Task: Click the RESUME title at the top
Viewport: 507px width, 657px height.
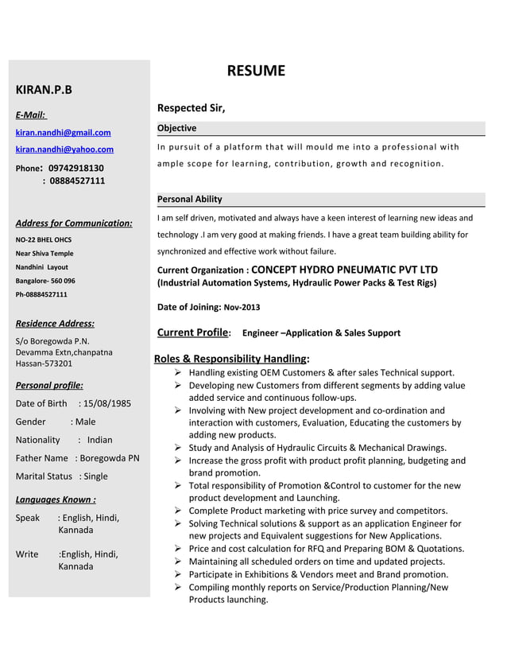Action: [256, 71]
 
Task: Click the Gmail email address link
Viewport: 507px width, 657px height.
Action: [64, 133]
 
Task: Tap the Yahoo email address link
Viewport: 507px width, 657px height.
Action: [64, 150]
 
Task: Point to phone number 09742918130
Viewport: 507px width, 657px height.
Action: [76, 168]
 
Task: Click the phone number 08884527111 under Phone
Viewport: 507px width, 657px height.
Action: [77, 181]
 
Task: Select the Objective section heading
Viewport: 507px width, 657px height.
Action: [176, 128]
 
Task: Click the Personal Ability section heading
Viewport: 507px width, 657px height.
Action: [189, 199]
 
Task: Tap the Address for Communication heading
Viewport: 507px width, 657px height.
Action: [74, 223]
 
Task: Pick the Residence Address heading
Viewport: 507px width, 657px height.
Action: [55, 323]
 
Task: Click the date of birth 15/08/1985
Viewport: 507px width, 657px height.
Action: [109, 403]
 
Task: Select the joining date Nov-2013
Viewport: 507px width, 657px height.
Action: [242, 307]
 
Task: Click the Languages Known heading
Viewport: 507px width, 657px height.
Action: [56, 500]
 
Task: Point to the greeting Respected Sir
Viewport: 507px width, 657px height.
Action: [191, 108]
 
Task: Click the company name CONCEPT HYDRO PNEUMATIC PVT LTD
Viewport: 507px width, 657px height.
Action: [344, 270]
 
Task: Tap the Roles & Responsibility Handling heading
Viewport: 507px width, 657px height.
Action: [231, 359]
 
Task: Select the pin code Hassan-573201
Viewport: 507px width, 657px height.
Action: [44, 363]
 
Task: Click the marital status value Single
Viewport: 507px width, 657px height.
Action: [95, 476]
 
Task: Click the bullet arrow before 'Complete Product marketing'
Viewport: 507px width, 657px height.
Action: [180, 511]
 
